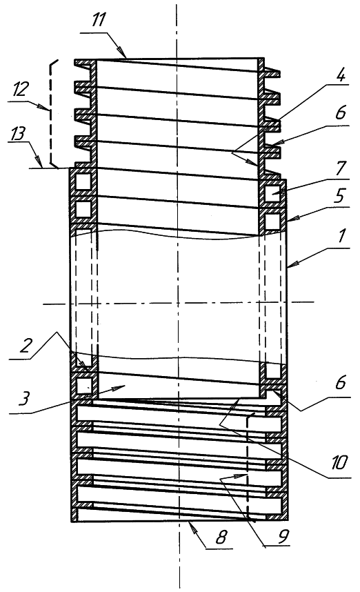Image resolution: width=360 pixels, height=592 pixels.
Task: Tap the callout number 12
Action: [20, 90]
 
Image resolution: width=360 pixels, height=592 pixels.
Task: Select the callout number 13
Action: [17, 134]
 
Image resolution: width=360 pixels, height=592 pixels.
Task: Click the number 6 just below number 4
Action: [341, 112]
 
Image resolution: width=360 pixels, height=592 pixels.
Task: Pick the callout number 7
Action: [341, 168]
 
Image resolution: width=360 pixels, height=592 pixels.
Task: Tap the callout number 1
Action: [341, 236]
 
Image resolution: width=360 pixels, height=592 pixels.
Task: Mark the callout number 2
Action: [25, 346]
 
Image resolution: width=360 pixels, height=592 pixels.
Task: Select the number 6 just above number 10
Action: [341, 382]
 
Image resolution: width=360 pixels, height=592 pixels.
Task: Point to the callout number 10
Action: [339, 462]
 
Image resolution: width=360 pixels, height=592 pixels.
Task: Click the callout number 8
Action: [221, 537]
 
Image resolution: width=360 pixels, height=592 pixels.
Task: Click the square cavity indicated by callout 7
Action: [273, 193]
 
